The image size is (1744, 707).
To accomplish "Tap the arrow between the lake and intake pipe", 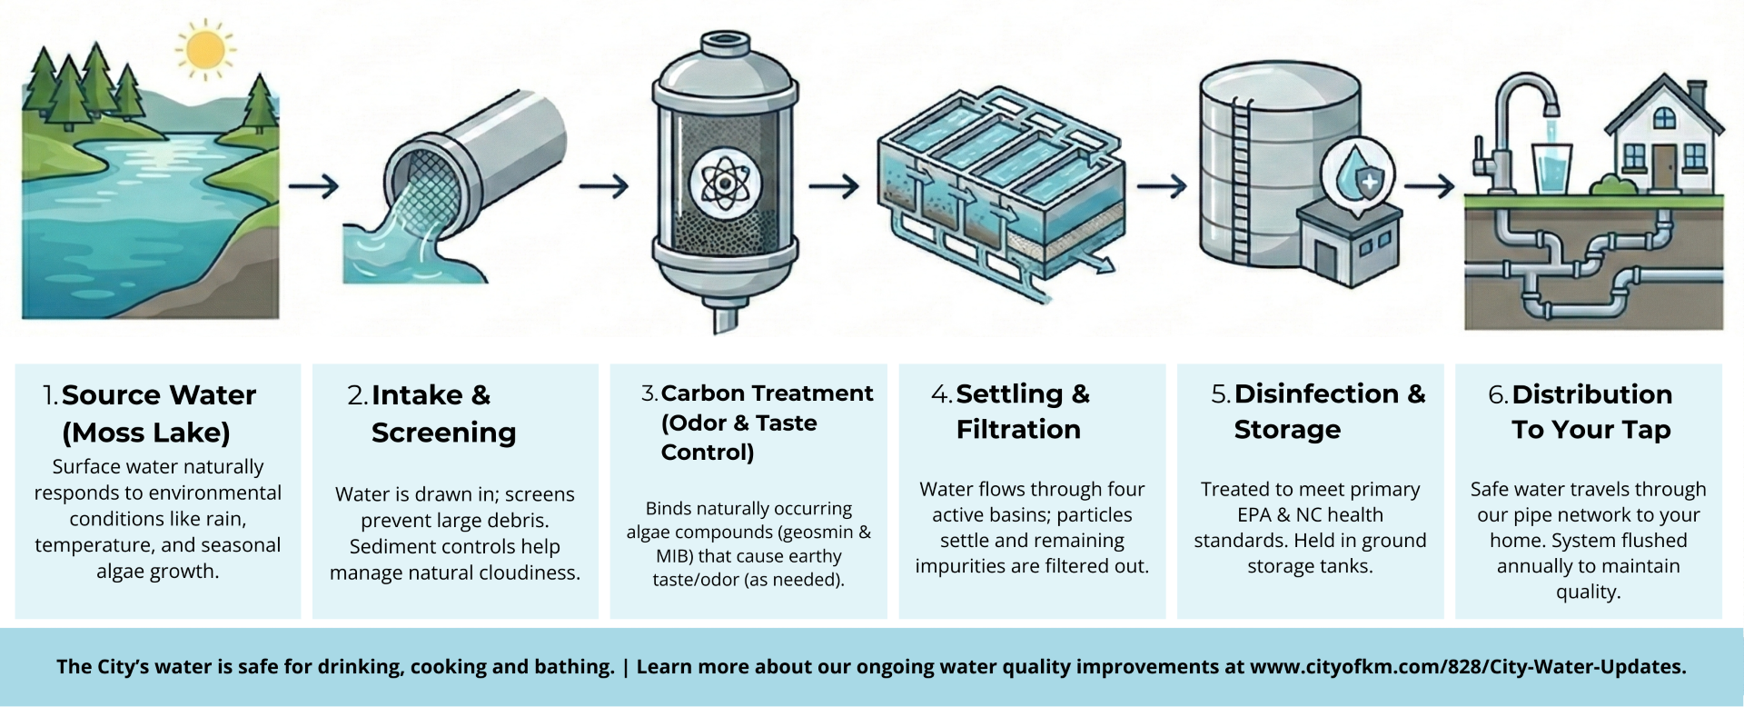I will (313, 186).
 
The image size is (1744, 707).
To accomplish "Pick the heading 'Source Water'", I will (159, 395).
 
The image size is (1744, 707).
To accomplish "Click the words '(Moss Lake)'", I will (146, 433).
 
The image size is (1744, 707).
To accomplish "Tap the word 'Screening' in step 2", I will (443, 433).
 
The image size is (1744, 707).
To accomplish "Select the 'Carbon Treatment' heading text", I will (767, 393).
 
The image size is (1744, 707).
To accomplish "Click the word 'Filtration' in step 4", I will (1018, 429).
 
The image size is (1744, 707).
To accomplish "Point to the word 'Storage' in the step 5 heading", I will (1287, 429).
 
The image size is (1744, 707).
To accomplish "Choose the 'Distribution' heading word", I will (1591, 394).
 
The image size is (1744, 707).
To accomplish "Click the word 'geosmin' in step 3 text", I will (811, 533).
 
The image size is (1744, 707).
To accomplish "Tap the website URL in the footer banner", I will (1467, 667).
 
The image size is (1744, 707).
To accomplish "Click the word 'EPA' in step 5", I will (1254, 514).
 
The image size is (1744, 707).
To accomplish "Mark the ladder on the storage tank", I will (1241, 182).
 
